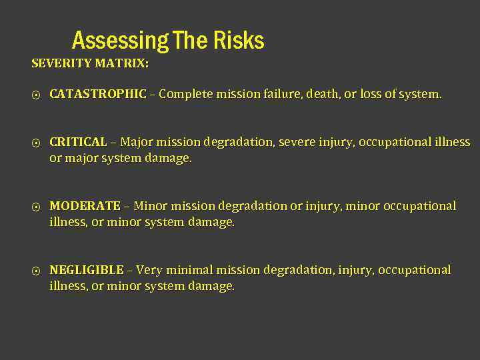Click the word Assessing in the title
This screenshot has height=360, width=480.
(x=120, y=41)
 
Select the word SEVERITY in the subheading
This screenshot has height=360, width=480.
(x=62, y=64)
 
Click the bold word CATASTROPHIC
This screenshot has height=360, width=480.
(x=98, y=94)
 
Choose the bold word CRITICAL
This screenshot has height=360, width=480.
(x=78, y=142)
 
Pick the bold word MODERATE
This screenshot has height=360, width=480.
(x=85, y=206)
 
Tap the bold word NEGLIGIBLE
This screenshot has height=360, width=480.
(x=87, y=270)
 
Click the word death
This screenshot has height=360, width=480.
(x=322, y=94)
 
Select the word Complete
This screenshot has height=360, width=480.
(x=185, y=94)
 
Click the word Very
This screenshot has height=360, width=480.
(x=149, y=270)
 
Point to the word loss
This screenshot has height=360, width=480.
(x=371, y=94)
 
